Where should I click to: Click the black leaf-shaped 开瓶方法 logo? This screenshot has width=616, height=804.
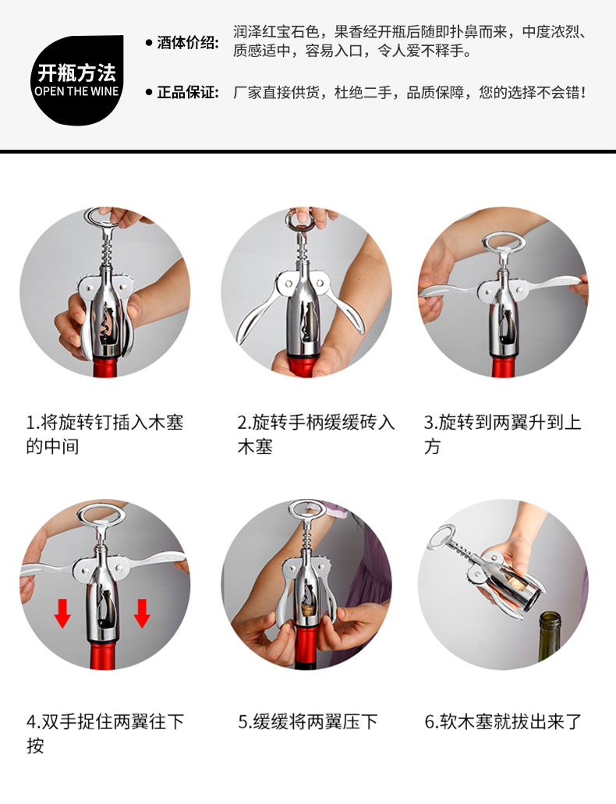[77, 80]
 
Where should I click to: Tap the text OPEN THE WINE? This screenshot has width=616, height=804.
[76, 92]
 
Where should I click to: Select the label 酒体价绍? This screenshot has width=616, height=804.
[187, 43]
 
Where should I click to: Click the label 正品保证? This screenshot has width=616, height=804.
[187, 92]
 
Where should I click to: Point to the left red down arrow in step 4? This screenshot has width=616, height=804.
[62, 613]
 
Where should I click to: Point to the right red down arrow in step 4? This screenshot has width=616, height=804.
[142, 613]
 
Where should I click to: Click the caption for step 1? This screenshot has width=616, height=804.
[104, 434]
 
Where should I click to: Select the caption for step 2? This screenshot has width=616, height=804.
[316, 434]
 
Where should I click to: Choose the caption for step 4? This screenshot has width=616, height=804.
[105, 733]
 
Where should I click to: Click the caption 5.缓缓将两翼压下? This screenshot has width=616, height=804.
[308, 721]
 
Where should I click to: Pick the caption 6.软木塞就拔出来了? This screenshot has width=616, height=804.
[503, 721]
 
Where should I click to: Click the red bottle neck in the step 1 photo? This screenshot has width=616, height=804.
[106, 367]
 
